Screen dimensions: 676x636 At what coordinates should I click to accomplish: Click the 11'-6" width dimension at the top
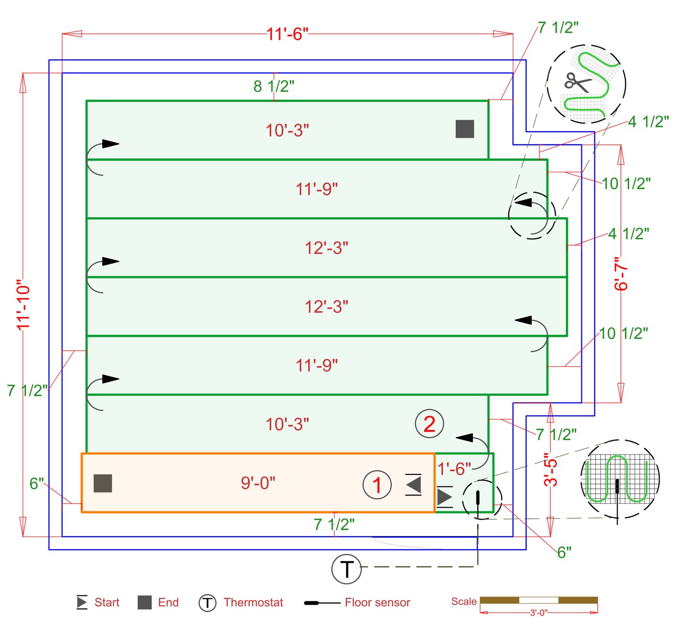click(x=287, y=34)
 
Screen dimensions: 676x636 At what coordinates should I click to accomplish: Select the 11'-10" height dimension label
click(x=24, y=305)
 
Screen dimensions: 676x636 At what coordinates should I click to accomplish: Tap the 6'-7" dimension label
click(x=621, y=274)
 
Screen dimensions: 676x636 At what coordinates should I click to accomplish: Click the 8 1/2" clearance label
click(x=274, y=86)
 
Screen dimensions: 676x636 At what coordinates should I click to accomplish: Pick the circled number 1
click(x=377, y=484)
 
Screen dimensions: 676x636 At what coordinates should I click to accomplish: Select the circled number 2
click(x=429, y=424)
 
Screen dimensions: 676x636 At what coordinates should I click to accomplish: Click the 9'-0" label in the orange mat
click(x=258, y=483)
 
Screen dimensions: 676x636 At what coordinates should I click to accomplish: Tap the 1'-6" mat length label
click(x=454, y=469)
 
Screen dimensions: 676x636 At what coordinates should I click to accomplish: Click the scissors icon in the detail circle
click(x=578, y=82)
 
